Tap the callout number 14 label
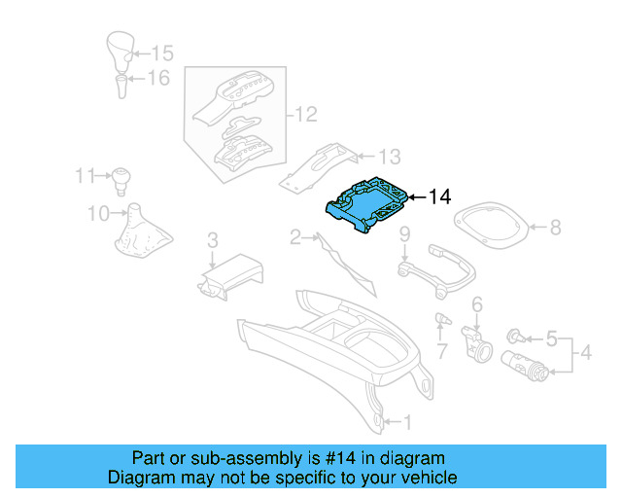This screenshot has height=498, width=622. pyautogui.click(x=439, y=197)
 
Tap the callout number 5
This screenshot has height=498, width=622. pyautogui.click(x=550, y=339)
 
